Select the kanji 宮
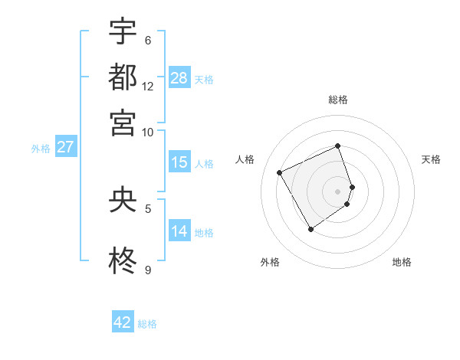pyautogui.click(x=123, y=123)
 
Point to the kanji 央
pyautogui.click(x=123, y=199)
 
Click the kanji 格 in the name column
pyautogui.click(x=123, y=261)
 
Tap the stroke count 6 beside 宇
pyautogui.click(x=148, y=40)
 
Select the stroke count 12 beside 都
pyautogui.click(x=148, y=86)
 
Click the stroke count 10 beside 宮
pyautogui.click(x=148, y=132)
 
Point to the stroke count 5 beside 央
pyautogui.click(x=148, y=208)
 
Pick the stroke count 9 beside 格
pyautogui.click(x=148, y=270)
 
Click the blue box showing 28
pyautogui.click(x=179, y=77)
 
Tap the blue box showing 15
pyautogui.click(x=179, y=162)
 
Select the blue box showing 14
pyautogui.click(x=179, y=231)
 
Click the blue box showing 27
pyautogui.click(x=65, y=147)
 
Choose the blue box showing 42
pyautogui.click(x=123, y=322)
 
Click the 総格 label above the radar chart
pyautogui.click(x=337, y=100)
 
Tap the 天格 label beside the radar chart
pyautogui.click(x=431, y=159)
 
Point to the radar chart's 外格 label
pyautogui.click(x=270, y=262)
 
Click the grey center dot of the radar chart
pyautogui.click(x=337, y=191)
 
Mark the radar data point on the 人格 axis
pyautogui.click(x=280, y=172)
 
